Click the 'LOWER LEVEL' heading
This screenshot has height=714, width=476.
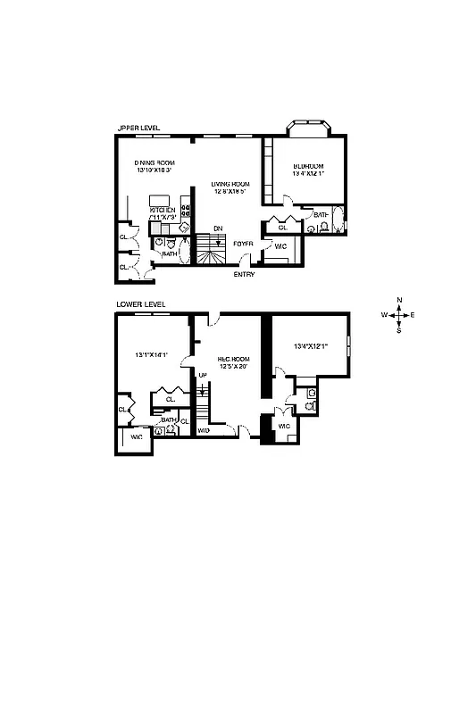click(141, 304)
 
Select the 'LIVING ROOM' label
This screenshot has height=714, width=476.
click(230, 184)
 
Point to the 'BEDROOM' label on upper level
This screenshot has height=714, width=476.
click(308, 167)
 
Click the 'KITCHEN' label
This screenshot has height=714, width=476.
click(163, 211)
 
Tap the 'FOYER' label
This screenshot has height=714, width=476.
click(243, 243)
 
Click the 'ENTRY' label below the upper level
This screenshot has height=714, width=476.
click(244, 275)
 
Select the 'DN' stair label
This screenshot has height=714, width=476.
click(217, 229)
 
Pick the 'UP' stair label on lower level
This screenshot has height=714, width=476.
click(203, 375)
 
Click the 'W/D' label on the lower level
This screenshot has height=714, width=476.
click(204, 430)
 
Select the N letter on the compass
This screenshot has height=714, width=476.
click(399, 300)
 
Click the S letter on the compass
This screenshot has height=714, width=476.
click(399, 330)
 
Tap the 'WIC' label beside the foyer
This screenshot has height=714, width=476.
click(279, 246)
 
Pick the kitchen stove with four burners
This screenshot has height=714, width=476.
click(186, 211)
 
